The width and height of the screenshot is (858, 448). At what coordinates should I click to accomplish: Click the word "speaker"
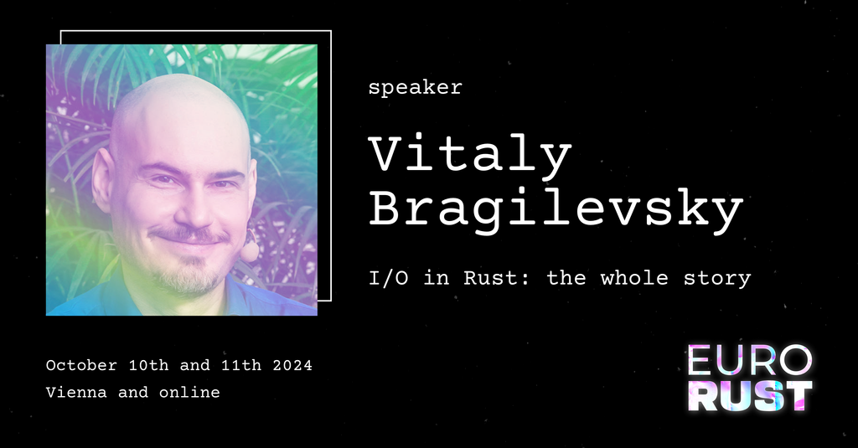click(416, 88)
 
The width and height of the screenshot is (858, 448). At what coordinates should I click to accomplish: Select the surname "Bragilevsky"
click(556, 210)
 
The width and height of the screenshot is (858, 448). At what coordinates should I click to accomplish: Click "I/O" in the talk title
click(389, 278)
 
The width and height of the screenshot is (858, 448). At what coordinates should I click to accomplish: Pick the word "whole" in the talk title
click(634, 278)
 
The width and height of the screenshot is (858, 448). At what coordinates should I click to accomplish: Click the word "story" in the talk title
click(717, 279)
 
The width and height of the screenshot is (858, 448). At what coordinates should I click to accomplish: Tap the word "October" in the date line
click(81, 365)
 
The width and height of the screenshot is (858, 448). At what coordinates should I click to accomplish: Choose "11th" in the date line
click(241, 365)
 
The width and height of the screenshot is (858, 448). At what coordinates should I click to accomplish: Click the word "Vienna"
click(76, 392)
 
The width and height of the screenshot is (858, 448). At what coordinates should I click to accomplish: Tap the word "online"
click(189, 392)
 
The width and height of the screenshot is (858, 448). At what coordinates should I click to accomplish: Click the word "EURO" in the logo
click(750, 361)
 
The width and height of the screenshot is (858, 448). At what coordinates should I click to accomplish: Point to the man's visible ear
click(103, 179)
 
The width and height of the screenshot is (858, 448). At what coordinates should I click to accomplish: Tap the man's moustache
click(189, 235)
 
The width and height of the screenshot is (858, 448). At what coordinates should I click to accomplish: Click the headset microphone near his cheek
click(250, 250)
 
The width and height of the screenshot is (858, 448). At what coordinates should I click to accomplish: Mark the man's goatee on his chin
click(188, 276)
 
